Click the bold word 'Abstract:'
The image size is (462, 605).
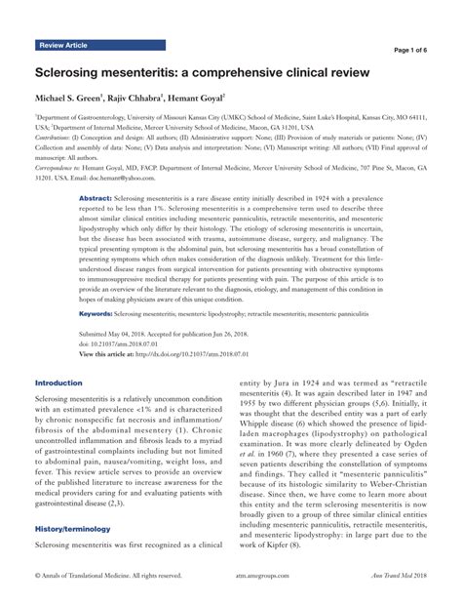(96, 197)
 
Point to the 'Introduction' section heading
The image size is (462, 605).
(59, 383)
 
